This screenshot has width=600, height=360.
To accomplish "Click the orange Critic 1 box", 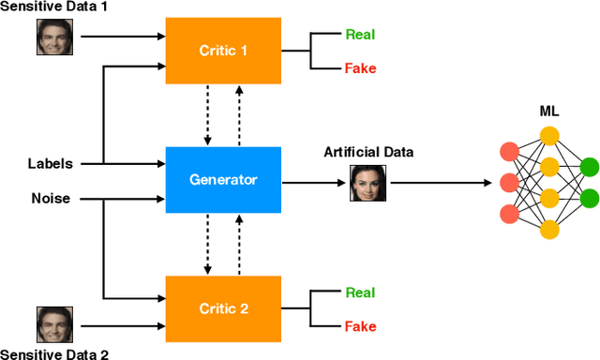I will [x=223, y=50].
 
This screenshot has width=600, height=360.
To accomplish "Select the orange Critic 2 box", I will [x=223, y=309].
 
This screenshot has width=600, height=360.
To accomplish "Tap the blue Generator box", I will [x=223, y=179].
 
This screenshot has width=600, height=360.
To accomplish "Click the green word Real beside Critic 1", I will [x=361, y=35].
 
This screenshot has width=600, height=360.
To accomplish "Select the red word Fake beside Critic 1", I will [x=361, y=68].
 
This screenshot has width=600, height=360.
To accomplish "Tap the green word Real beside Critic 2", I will [x=361, y=292].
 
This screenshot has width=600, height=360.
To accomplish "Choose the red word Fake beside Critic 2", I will [x=361, y=326].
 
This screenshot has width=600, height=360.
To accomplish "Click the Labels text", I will [x=50, y=164].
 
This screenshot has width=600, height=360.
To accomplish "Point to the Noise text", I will [x=49, y=198].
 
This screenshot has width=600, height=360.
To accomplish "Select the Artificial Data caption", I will [x=368, y=152].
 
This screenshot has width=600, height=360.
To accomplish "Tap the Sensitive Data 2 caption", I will [x=54, y=353].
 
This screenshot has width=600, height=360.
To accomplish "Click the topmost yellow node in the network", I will [x=549, y=135].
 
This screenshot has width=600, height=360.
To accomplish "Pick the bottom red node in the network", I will [x=510, y=213].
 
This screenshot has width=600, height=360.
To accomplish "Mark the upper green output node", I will [x=589, y=167].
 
